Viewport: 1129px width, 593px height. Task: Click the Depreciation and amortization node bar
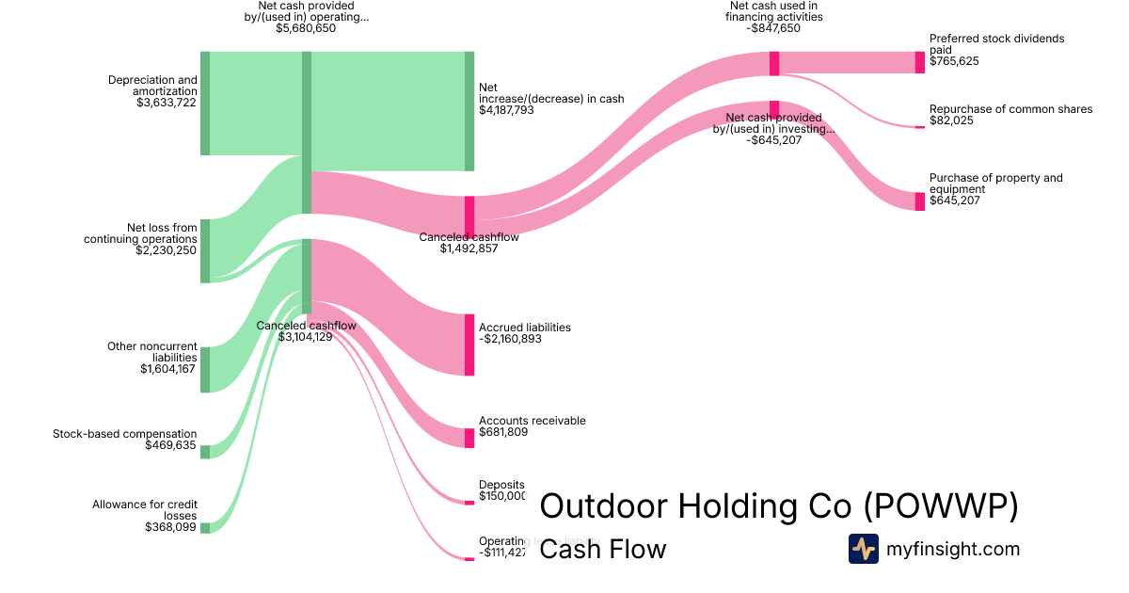[x=205, y=104]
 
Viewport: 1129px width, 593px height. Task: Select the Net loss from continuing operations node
[x=205, y=250]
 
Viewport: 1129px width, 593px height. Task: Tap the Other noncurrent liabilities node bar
[x=205, y=369]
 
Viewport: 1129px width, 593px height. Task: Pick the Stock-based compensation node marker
[x=205, y=452]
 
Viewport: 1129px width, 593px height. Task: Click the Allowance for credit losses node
[x=205, y=527]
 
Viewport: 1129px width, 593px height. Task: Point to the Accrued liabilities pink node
[x=469, y=345]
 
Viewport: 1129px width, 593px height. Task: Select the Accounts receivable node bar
[x=469, y=438]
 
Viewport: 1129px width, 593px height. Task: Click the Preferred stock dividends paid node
[x=920, y=62]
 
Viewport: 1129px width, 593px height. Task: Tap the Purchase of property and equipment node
[x=920, y=200]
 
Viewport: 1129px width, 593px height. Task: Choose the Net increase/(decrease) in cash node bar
[x=469, y=111]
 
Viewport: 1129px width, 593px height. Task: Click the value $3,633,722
[x=166, y=103]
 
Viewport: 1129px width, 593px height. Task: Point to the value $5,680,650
[x=306, y=28]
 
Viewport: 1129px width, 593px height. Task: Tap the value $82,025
[x=953, y=120]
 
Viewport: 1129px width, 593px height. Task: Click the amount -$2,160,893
[x=511, y=339]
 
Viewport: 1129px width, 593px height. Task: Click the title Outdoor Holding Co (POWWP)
[x=779, y=506]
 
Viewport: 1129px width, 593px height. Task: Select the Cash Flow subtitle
[x=602, y=549]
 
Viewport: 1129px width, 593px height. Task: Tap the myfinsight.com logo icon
[x=863, y=549]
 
